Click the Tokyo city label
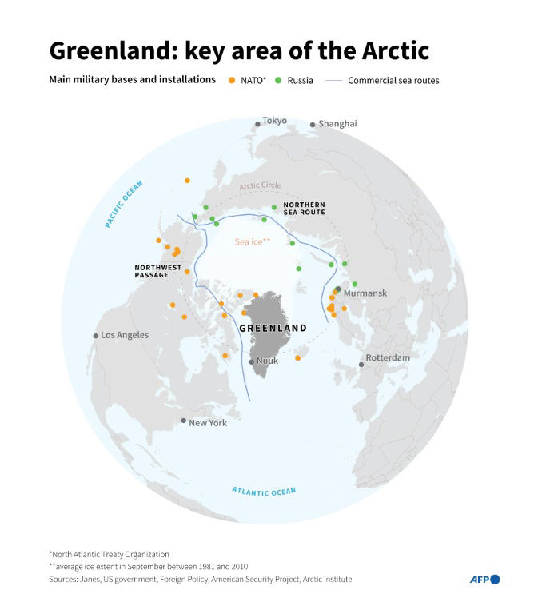[274, 121]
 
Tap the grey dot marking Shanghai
[313, 125]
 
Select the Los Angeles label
[125, 335]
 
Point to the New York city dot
[184, 421]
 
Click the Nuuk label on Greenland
[267, 361]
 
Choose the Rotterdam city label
[388, 357]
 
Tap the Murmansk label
[365, 293]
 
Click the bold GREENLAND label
[273, 329]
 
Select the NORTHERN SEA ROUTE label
[304, 209]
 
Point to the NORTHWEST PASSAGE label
[157, 271]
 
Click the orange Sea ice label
[252, 241]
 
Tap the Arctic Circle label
[260, 185]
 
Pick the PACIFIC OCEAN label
[123, 205]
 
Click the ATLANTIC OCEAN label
[264, 491]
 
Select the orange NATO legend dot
[231, 80]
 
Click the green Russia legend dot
[277, 80]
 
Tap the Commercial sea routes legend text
[393, 81]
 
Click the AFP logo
[484, 580]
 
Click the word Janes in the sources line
[90, 579]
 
